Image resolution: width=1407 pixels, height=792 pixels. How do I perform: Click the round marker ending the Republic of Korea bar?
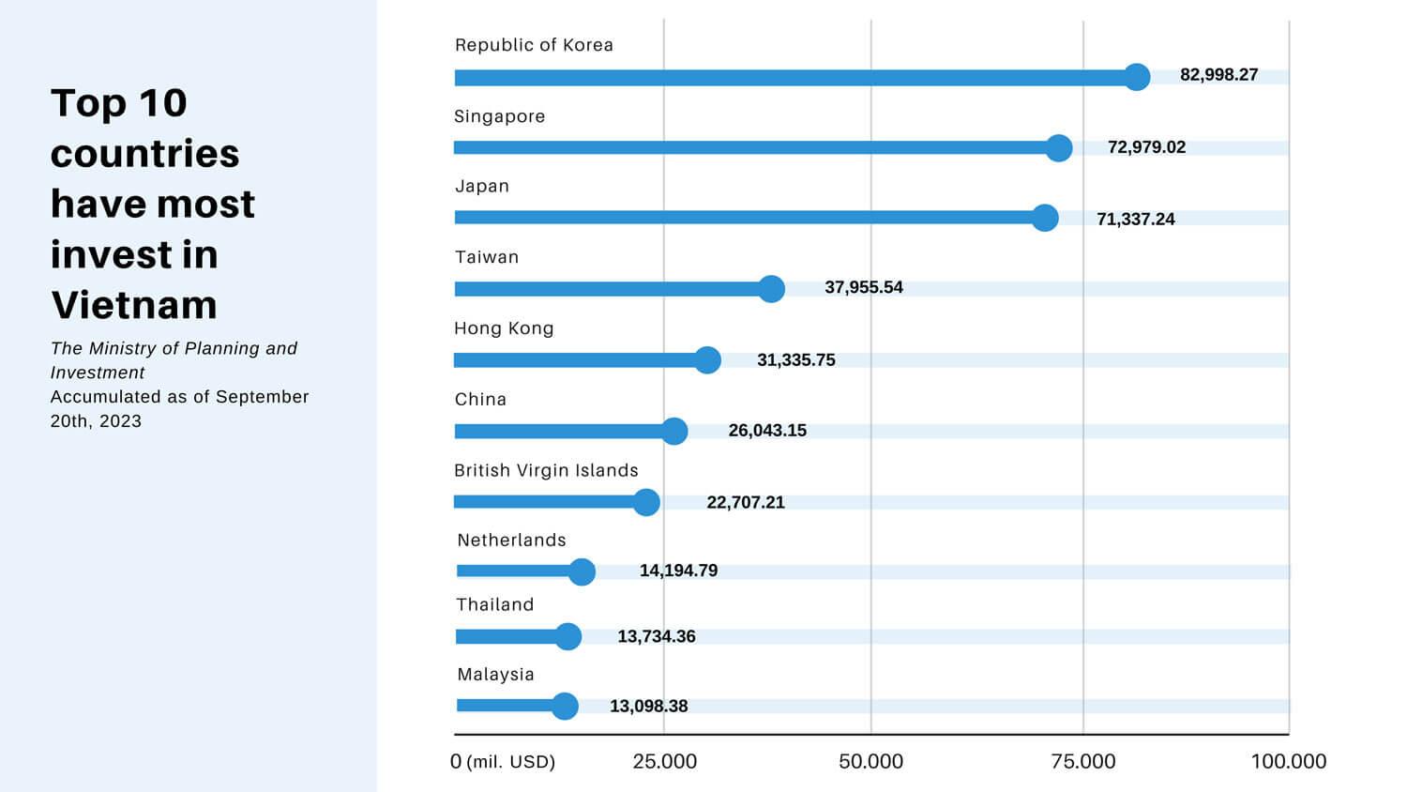pos(1137,77)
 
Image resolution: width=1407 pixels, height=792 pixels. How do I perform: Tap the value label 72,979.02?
pos(1146,147)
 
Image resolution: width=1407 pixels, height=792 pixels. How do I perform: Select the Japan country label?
pos(482,186)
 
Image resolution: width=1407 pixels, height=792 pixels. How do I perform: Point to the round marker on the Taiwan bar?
pos(771,289)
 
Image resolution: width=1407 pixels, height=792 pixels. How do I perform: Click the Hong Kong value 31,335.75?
pos(795,360)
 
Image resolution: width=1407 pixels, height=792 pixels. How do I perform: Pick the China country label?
pos(480,399)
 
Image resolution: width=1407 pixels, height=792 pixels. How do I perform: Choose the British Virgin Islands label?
pos(546,470)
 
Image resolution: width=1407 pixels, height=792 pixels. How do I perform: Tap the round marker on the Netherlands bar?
pos(582,571)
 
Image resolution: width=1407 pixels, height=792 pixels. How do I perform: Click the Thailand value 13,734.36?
pos(656,636)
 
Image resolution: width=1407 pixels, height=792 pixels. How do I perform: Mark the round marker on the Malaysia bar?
pos(565,706)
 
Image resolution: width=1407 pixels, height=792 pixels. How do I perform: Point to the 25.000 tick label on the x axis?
pos(664,761)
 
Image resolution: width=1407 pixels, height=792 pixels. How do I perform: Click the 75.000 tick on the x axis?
pos(1083,761)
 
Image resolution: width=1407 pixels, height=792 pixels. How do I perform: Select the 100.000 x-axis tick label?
pos(1288,761)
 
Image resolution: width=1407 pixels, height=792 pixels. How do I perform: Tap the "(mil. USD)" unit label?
pos(511,761)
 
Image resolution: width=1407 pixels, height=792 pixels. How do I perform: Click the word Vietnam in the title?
pos(134,305)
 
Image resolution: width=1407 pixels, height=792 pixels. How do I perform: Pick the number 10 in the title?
pos(163,103)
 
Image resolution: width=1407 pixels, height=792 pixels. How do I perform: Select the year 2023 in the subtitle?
pos(121,421)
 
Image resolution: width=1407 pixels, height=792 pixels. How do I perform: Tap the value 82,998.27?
pos(1218,75)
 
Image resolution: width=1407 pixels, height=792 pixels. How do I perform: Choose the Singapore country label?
pos(499,116)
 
